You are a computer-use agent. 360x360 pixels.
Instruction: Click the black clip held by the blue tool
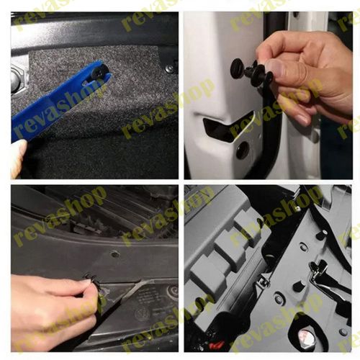(x=99, y=71)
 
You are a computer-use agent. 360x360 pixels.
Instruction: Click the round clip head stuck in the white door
(x=238, y=67)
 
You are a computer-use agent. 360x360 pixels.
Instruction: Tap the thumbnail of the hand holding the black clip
(x=274, y=70)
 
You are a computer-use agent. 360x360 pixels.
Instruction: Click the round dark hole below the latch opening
(x=243, y=150)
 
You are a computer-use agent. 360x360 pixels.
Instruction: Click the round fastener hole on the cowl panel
(x=115, y=253)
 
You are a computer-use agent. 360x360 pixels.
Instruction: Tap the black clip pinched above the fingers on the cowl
(x=92, y=280)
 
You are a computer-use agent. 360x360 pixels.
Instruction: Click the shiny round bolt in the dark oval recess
(x=303, y=336)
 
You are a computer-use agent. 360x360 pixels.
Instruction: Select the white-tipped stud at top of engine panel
(x=322, y=234)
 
